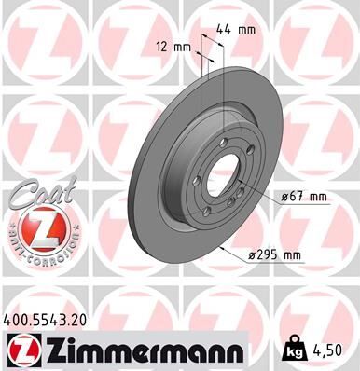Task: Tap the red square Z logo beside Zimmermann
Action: point(19,350)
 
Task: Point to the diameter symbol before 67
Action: point(285,196)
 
